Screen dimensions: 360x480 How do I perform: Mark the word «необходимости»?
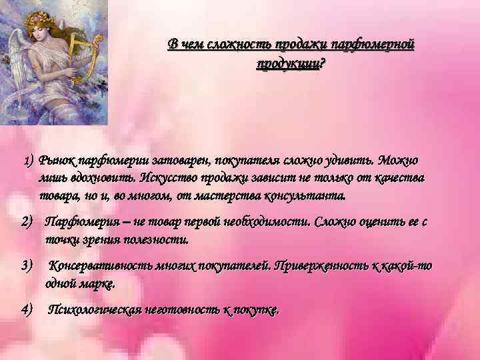click(x=271, y=221)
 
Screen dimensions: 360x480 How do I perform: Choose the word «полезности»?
click(x=159, y=239)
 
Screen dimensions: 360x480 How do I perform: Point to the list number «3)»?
click(x=27, y=266)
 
